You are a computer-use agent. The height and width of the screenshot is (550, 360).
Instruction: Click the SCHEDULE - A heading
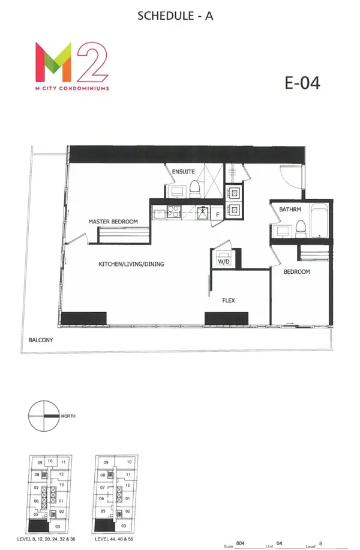175,16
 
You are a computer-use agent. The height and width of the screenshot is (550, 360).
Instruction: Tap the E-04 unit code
302,83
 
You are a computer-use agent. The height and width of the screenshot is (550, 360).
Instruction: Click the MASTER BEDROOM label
113,222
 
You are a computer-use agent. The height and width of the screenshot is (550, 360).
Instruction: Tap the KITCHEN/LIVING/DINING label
131,264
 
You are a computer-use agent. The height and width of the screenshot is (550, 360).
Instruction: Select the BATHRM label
290,210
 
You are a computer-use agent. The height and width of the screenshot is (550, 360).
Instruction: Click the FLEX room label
228,300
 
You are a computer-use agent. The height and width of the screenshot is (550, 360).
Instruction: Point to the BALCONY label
41,340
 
